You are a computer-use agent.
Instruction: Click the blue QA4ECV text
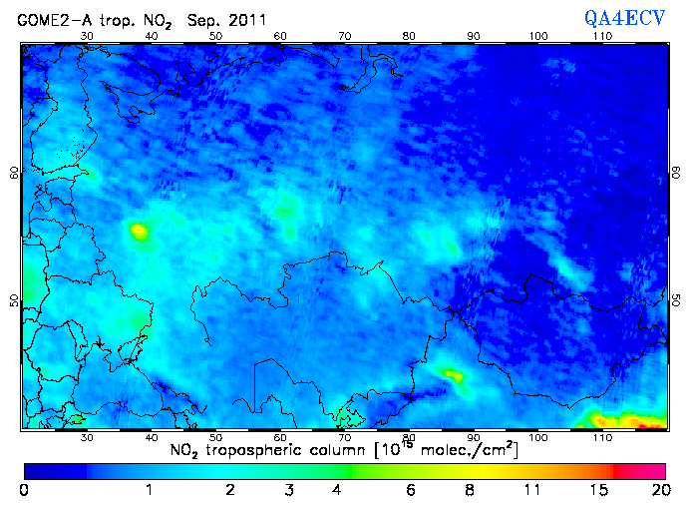coord(624,17)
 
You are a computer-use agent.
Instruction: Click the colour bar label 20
coord(658,490)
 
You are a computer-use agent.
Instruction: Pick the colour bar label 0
coord(23,490)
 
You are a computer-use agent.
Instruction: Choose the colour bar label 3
coord(288,490)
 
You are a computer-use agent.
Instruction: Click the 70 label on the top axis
coord(344,36)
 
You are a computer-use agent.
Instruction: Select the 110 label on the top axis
coord(602,36)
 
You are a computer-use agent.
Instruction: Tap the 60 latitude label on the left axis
coord(14,172)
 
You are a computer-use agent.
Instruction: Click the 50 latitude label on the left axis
coord(14,300)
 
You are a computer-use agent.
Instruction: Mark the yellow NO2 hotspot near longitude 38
coord(139,233)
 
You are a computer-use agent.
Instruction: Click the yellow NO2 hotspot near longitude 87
coord(454,376)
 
